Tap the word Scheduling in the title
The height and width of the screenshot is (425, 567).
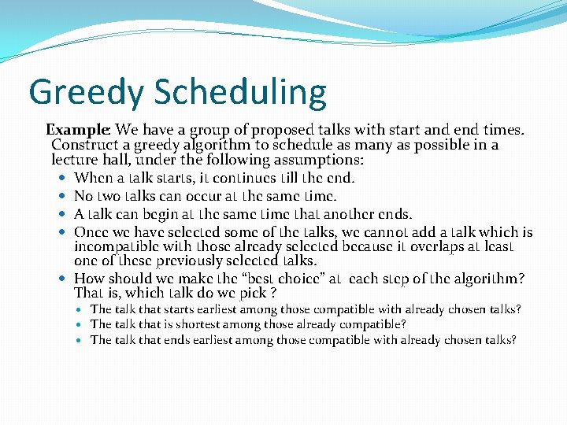click(240, 92)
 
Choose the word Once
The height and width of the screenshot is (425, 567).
click(91, 232)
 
